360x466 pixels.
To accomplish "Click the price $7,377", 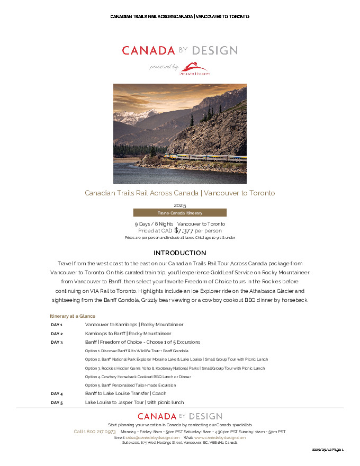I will [183, 230].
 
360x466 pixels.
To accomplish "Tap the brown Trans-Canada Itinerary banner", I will [179, 212].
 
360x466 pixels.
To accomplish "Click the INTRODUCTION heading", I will [179, 253].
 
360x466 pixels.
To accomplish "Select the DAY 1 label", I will [57, 325].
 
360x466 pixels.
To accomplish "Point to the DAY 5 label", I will [57, 402].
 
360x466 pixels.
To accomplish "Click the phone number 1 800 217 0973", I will [95, 432].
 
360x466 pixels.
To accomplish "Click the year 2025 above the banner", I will [180, 205].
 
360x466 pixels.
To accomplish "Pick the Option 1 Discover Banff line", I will [137, 351].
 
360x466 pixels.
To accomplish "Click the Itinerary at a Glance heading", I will [73, 316].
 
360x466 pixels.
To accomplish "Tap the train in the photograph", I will [204, 157].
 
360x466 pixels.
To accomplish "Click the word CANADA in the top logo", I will [148, 51].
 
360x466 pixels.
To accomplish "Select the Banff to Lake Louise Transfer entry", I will [125, 393].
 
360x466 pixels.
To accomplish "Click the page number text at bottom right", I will [328, 449].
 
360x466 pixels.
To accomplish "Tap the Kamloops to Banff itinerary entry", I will [128, 334].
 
